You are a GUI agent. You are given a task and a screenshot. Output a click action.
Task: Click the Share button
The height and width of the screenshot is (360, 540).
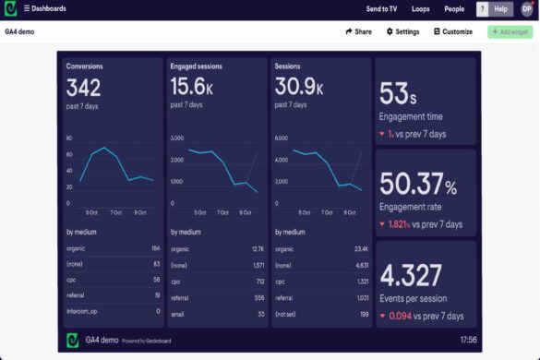358,31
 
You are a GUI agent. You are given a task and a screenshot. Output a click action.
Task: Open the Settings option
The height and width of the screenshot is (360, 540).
402,31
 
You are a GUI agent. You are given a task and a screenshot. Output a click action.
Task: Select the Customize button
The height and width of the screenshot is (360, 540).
452,31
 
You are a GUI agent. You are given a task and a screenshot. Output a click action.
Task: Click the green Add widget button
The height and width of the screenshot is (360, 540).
510,31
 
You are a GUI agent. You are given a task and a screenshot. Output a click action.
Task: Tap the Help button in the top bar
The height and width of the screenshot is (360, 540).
500,8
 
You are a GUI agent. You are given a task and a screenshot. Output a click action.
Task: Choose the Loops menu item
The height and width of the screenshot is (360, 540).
421,8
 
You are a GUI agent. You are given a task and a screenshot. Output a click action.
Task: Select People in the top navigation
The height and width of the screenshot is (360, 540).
454,8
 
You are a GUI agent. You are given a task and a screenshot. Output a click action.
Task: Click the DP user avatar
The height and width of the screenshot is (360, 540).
526,8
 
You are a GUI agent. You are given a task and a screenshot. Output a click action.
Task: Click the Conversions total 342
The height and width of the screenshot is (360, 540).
83,88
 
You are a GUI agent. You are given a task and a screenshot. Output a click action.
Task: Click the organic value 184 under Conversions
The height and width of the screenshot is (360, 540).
154,248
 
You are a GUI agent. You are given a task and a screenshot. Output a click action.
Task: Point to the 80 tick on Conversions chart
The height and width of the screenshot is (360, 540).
69,138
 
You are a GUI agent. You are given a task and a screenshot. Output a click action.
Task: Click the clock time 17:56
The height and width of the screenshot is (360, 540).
468,340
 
